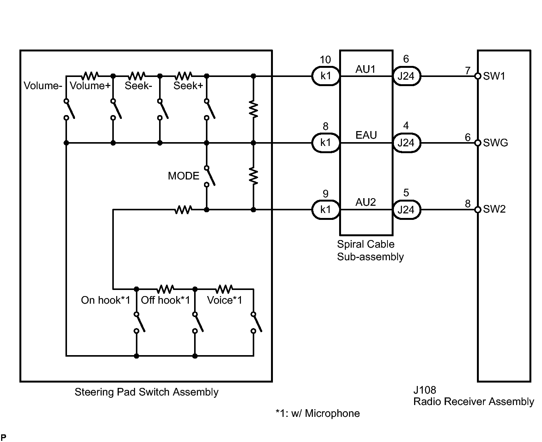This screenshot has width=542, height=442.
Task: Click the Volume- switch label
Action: [43, 86]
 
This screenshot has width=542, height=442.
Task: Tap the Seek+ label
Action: [188, 86]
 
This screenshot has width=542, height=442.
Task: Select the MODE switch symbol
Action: [210, 176]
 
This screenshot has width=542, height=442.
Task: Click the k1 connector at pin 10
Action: [326, 76]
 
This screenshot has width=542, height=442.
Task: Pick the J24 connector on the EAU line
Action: [406, 143]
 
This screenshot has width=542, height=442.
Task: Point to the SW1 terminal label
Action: [494, 76]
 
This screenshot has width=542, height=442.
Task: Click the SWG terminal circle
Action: [478, 143]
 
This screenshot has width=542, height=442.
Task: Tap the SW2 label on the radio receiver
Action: [494, 209]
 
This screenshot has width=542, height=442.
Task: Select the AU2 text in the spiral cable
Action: [366, 202]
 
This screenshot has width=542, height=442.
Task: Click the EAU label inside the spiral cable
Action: [366, 135]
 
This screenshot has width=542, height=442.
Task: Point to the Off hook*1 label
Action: [166, 300]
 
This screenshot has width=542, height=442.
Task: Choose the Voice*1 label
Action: [225, 300]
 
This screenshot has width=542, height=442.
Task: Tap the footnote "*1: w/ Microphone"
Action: [318, 413]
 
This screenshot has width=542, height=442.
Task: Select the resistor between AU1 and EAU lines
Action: [253, 109]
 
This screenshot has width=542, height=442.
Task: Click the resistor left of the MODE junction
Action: [183, 210]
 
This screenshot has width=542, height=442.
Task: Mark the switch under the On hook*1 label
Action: [139, 322]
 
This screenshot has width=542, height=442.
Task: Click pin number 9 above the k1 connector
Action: [325, 194]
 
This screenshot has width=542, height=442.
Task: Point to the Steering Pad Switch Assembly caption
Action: [147, 392]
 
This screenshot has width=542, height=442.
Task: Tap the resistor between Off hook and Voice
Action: [224, 289]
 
